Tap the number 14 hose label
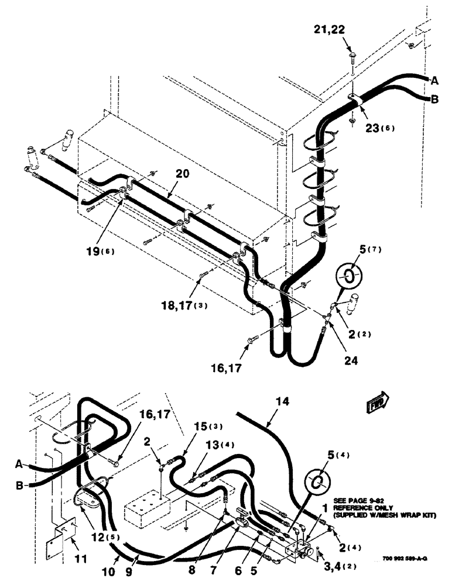pyautogui.click(x=282, y=402)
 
